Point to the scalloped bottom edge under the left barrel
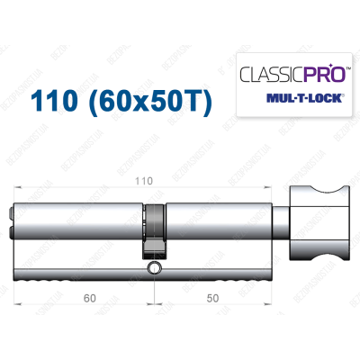pyautogui.click(x=81, y=281)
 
